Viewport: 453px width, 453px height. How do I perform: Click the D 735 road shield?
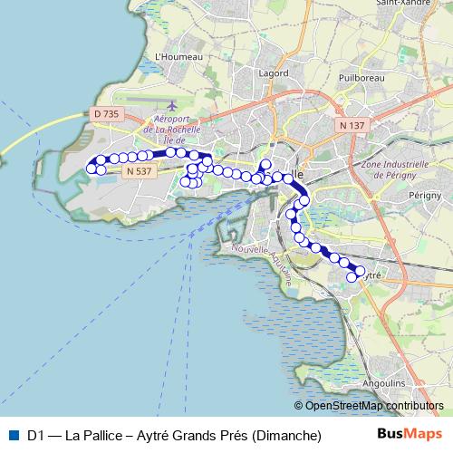click(106, 113)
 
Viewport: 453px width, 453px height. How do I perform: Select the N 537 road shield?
click(139, 170)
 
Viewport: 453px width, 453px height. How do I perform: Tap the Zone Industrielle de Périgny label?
click(393, 170)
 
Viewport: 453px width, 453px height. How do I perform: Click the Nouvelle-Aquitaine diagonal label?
click(263, 262)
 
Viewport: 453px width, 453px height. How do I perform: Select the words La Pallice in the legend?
click(94, 436)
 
